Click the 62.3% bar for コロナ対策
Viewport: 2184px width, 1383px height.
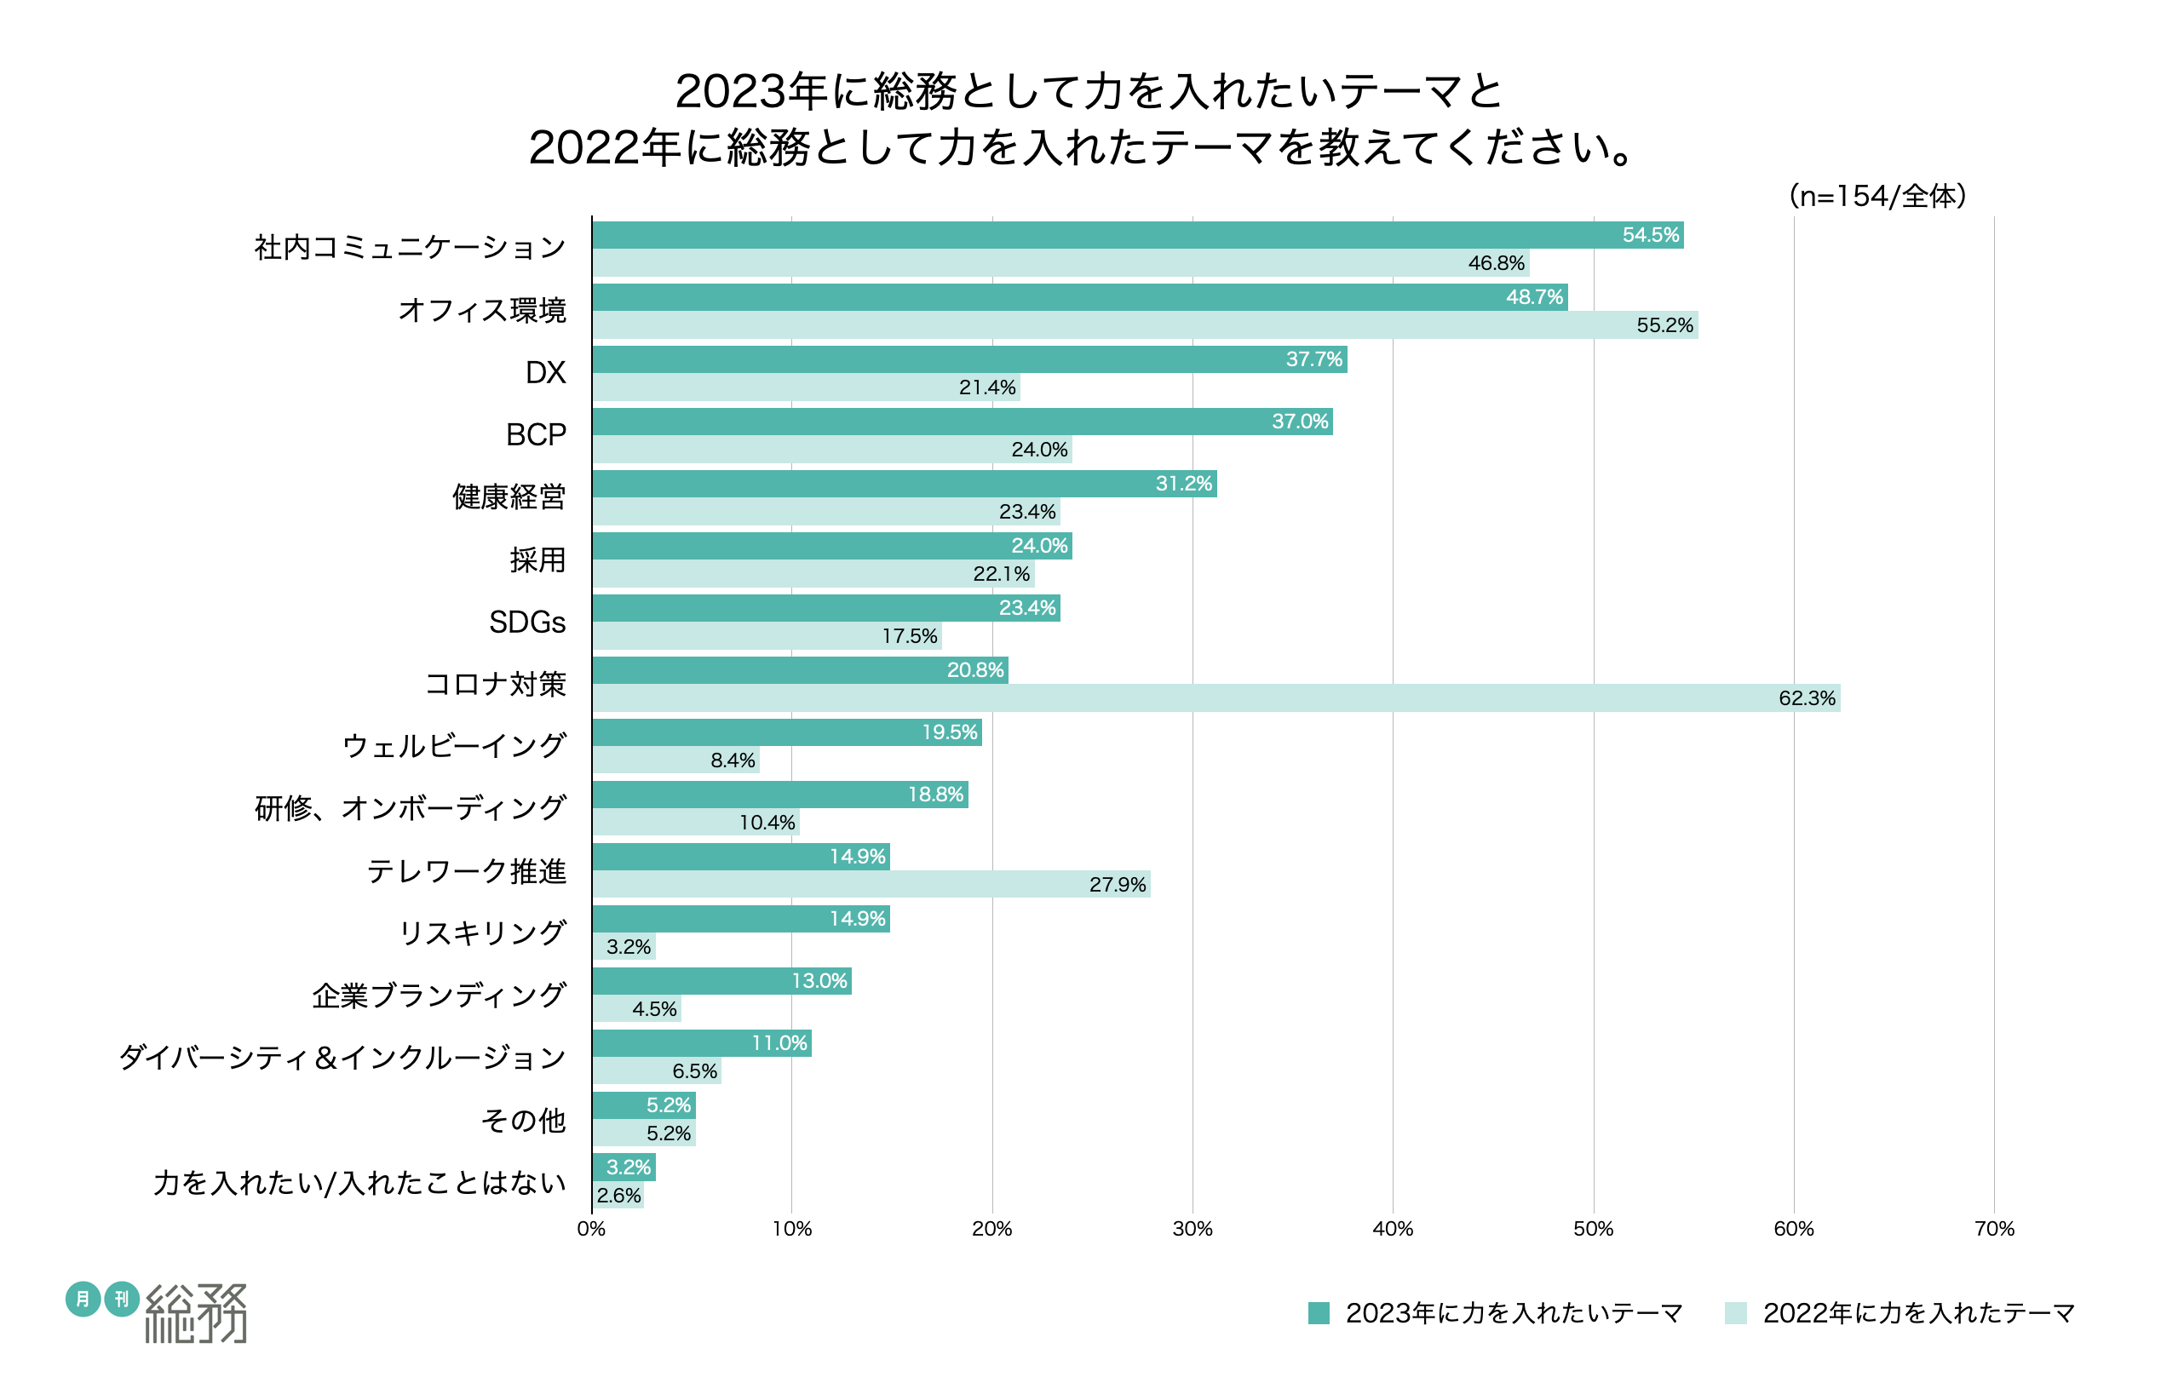coord(1216,698)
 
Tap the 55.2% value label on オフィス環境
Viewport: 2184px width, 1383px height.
coord(1664,325)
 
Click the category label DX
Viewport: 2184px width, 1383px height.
coord(545,373)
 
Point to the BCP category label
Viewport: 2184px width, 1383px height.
coord(535,435)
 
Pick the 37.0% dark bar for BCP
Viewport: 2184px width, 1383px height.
coord(963,422)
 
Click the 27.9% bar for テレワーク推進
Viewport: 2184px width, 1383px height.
coord(871,884)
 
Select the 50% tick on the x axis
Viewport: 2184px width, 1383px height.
coord(1593,1229)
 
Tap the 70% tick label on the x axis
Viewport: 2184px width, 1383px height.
coord(1993,1229)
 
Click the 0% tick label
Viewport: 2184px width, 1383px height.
coord(591,1229)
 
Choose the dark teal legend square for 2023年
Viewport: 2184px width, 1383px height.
coord(1319,1313)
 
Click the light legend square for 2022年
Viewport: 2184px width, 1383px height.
coord(1735,1313)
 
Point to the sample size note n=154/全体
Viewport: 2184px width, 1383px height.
coord(1877,196)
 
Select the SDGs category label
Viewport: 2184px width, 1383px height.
coord(527,623)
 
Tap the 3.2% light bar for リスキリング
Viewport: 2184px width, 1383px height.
coord(624,947)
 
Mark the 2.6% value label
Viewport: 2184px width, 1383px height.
coord(618,1196)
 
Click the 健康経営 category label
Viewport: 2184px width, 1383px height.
coord(509,497)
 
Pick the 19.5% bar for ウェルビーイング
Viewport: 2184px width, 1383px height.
coord(786,732)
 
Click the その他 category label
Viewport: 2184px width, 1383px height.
coord(523,1121)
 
